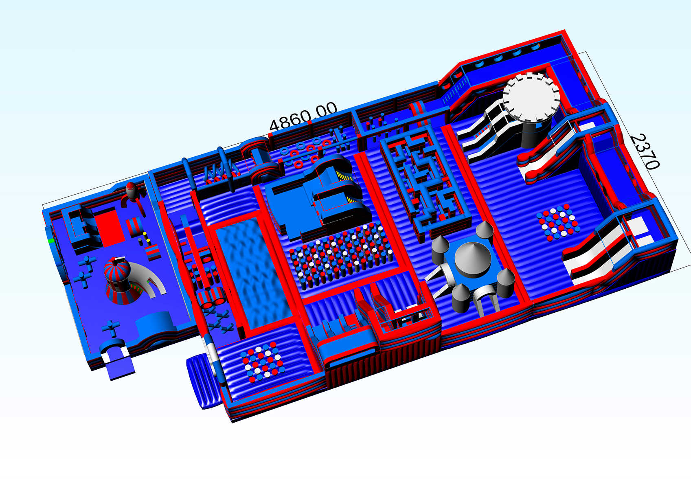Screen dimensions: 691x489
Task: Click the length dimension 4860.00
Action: coord(303,116)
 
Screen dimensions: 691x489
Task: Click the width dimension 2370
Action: coord(644,152)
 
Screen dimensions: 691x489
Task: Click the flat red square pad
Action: coord(109,227)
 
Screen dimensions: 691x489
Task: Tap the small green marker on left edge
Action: coord(51,241)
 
